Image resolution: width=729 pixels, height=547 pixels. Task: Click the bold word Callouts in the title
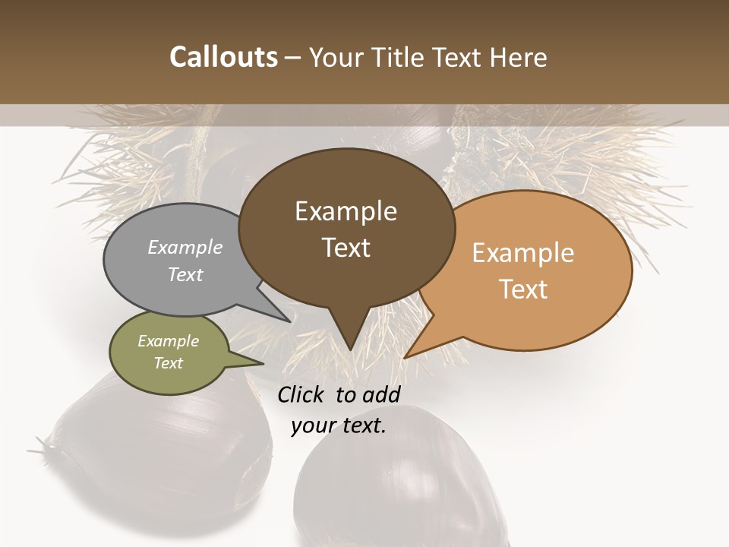pyautogui.click(x=223, y=57)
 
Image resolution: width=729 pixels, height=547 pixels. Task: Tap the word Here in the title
pyautogui.click(x=519, y=57)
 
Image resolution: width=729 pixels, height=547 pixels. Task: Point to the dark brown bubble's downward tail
pyautogui.click(x=349, y=334)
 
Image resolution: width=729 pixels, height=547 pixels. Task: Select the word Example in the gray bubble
pyautogui.click(x=185, y=248)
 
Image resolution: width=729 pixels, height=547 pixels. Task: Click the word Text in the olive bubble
pyautogui.click(x=169, y=363)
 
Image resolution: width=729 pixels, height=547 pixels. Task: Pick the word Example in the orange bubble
pyautogui.click(x=523, y=253)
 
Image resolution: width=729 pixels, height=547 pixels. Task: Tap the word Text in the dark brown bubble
pyautogui.click(x=346, y=248)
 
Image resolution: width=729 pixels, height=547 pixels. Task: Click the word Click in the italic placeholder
pyautogui.click(x=302, y=394)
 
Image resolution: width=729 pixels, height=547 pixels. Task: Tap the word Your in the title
pyautogui.click(x=336, y=57)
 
